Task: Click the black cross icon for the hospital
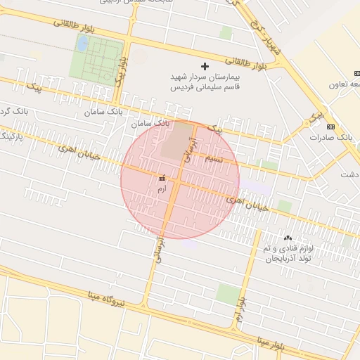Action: click(x=205, y=65)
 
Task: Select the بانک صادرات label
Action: click(x=330, y=137)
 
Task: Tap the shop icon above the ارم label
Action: click(x=163, y=179)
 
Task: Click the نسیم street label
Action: click(x=214, y=160)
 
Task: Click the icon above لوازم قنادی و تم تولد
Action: click(x=288, y=238)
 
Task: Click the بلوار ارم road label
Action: click(x=241, y=309)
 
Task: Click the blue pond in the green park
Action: click(x=82, y=44)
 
